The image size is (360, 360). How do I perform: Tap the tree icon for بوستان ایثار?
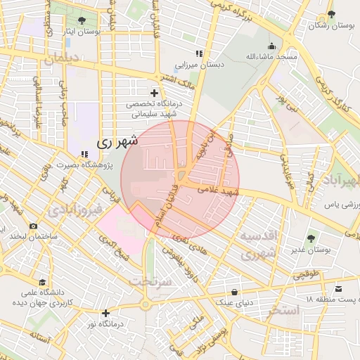point(82,20)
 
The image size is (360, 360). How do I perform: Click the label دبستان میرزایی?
point(199,64)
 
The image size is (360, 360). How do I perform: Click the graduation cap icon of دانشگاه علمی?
point(44,281)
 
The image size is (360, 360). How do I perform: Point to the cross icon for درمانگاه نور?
point(105,313)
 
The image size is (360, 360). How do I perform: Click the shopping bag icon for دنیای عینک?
point(233,291)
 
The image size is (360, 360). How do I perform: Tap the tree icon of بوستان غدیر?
point(311,239)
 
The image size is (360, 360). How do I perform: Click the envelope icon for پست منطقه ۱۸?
point(339,289)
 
